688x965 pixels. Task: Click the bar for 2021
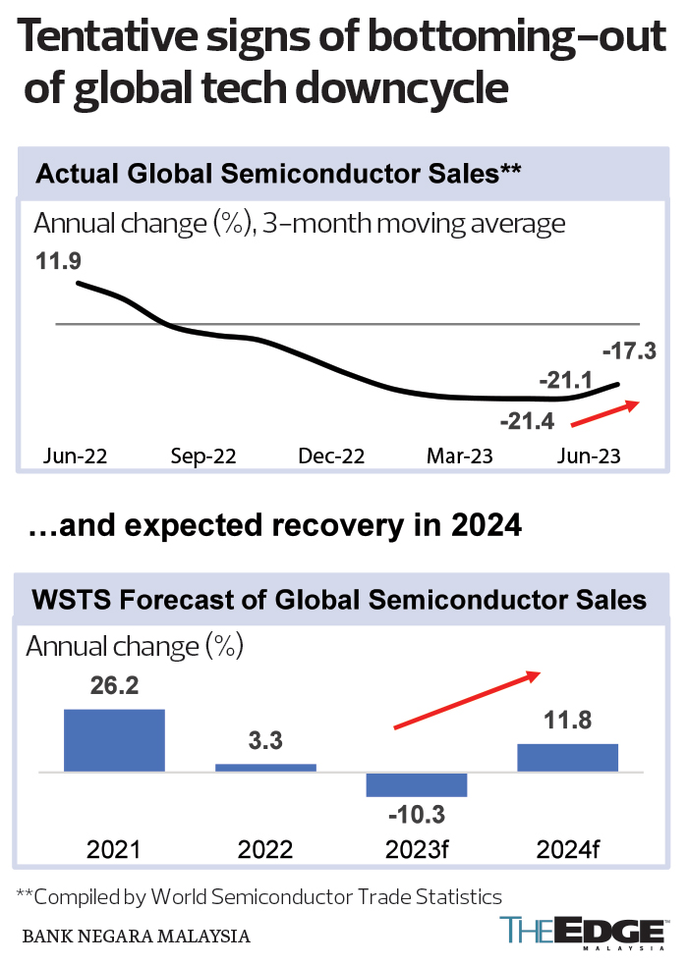[114, 740]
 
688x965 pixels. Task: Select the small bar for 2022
[265, 767]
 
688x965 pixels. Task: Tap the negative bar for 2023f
[417, 784]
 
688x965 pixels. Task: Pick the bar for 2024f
[567, 757]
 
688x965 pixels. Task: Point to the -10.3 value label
[415, 814]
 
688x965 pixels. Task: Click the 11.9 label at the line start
[58, 262]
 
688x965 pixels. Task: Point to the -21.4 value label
[528, 422]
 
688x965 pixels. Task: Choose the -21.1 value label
[565, 378]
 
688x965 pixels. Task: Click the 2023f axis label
[417, 849]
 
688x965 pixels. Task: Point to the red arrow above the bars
[468, 700]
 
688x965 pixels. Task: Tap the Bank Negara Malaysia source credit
[135, 937]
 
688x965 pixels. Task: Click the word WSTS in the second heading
[72, 599]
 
